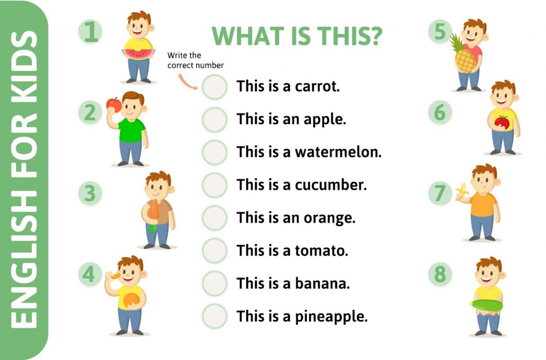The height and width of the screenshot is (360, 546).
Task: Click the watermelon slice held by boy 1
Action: tap(138, 53)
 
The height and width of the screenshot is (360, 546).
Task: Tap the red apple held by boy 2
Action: tap(112, 104)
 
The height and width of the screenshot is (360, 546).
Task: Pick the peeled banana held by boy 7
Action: tap(462, 191)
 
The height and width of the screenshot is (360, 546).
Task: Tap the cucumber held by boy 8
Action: tap(487, 305)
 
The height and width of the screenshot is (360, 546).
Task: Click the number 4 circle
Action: tap(90, 275)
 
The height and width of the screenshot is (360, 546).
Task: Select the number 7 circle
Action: tap(440, 193)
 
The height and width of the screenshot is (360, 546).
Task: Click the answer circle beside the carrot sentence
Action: tap(214, 87)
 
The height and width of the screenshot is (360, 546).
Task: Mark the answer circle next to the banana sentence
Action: tap(214, 283)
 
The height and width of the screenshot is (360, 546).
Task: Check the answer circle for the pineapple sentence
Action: tap(214, 316)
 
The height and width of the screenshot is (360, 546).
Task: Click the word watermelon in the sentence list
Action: tap(338, 152)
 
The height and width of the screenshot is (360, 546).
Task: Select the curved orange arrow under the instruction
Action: tap(188, 81)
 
